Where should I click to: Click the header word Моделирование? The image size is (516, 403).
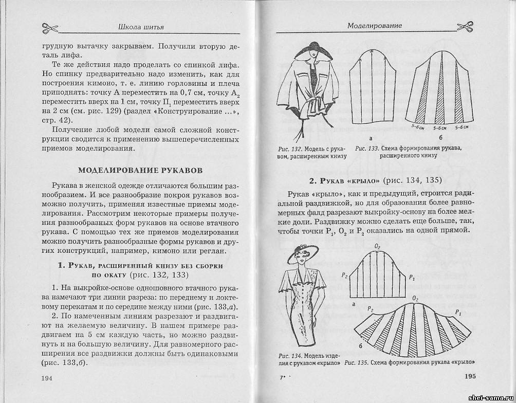click(x=374, y=25)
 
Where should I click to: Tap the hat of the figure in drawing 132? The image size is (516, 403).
click(x=308, y=53)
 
